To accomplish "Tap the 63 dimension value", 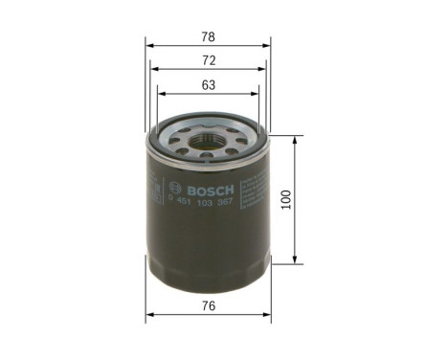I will pos(208,84).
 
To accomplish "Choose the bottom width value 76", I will pos(208,307).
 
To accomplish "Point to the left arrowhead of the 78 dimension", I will pos(148,44).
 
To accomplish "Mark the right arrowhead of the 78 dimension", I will pos(268,44).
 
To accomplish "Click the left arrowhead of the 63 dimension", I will pos(160,94).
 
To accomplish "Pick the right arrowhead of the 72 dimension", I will pos(263,69).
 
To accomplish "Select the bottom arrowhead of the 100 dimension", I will pos(296,260).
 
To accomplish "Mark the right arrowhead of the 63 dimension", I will pos(257,94).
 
